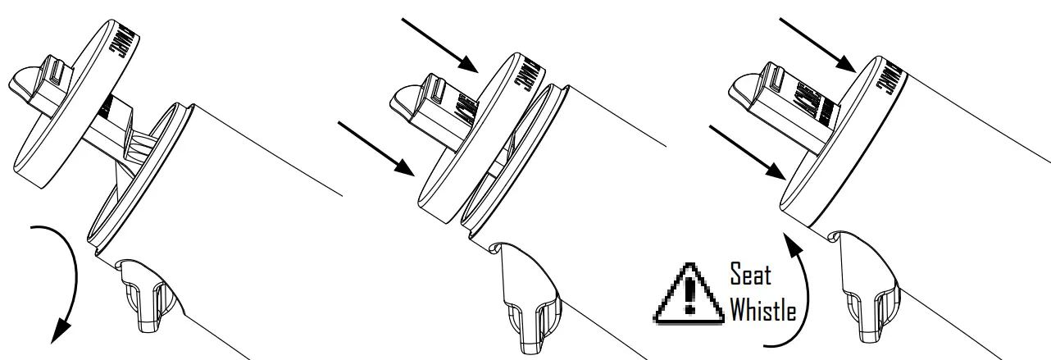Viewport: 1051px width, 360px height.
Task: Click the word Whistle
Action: pyautogui.click(x=762, y=311)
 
